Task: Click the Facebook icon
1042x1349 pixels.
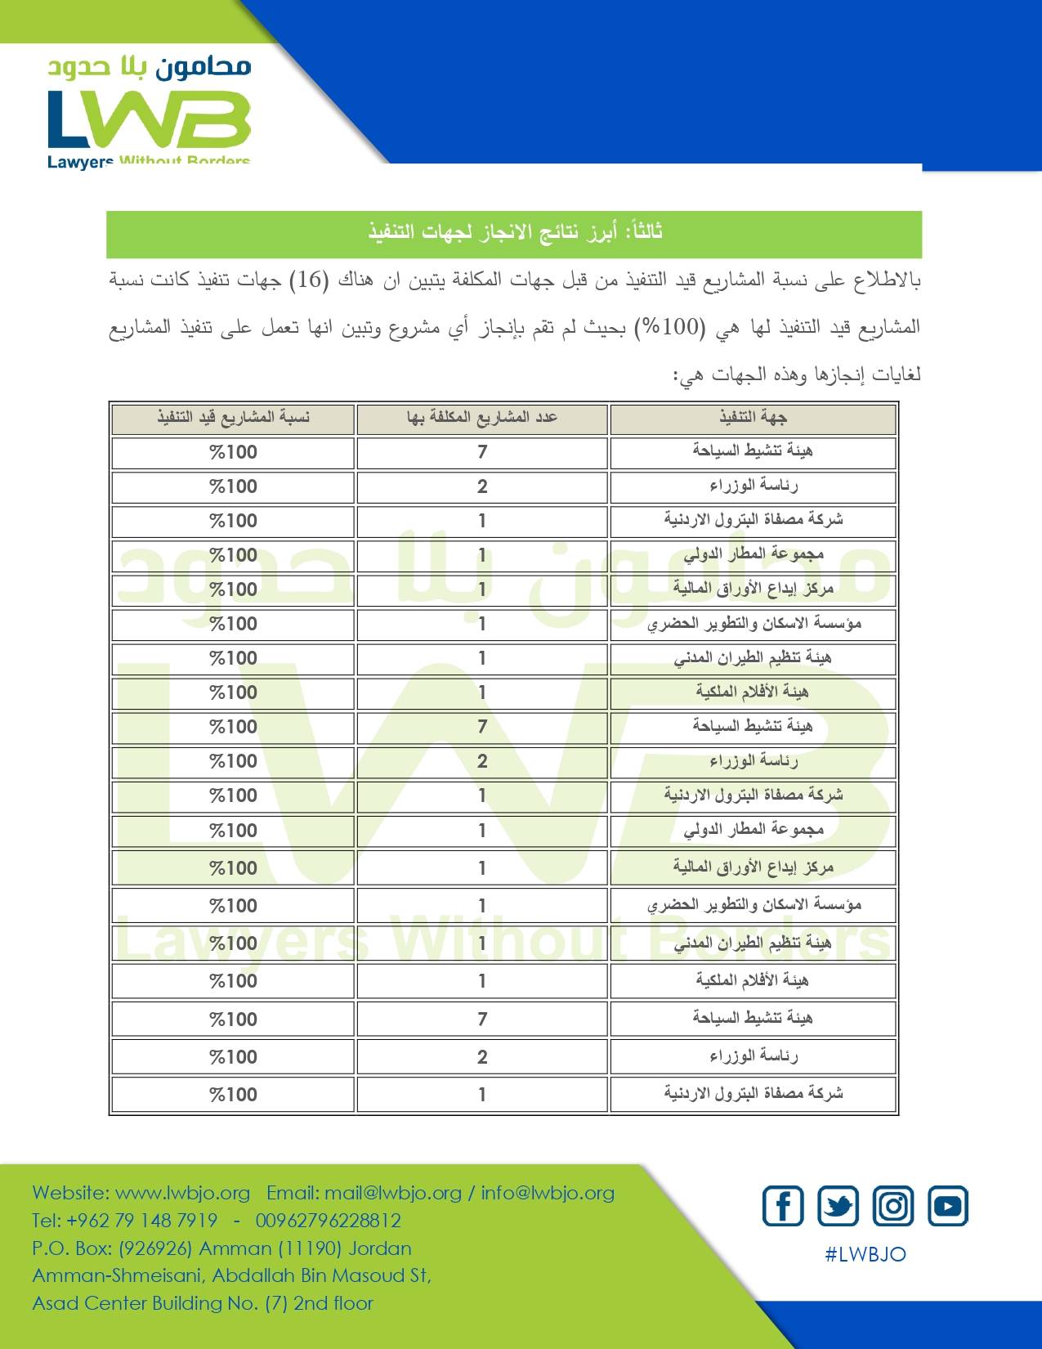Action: (x=783, y=1206)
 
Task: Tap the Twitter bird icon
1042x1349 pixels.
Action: (x=839, y=1206)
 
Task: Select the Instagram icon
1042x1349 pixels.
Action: (x=893, y=1206)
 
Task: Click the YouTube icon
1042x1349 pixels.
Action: (x=948, y=1206)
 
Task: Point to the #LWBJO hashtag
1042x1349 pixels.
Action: (x=865, y=1254)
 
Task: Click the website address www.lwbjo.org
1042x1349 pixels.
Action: (x=182, y=1193)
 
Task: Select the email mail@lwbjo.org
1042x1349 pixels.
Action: (x=392, y=1193)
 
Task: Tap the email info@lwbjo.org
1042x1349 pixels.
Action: (x=548, y=1193)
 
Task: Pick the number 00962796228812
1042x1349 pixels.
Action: (x=329, y=1221)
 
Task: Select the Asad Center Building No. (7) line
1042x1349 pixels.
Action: (x=203, y=1303)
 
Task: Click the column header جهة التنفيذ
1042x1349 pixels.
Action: (x=753, y=418)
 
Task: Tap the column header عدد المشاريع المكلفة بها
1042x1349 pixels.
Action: (x=482, y=418)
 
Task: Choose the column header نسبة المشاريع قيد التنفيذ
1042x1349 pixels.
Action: (x=234, y=418)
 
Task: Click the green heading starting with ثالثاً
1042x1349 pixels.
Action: (x=515, y=232)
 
